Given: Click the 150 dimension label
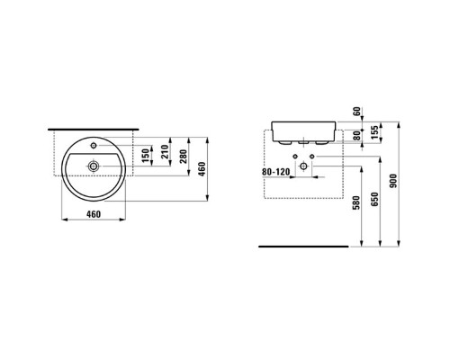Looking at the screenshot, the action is [146, 156].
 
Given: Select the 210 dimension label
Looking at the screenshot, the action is [165, 152].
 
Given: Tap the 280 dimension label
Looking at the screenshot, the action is [183, 157].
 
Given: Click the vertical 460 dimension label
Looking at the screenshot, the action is [202, 169].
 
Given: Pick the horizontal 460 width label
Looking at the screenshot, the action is [94, 214].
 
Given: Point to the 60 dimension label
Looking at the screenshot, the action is [356, 112].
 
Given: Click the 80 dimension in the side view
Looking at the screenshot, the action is [356, 136].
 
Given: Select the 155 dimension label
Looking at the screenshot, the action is [374, 132].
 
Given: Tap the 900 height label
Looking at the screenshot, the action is [393, 181].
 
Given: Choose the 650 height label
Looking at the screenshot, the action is [374, 199].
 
